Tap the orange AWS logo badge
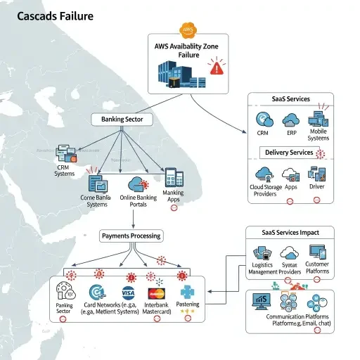pos(187,30)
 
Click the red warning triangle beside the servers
pos(216,67)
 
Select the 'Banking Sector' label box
pos(122,120)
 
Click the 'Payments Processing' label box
pos(131,236)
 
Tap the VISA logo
pos(128,292)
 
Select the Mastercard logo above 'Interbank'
pos(156,294)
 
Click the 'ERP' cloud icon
pos(290,117)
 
